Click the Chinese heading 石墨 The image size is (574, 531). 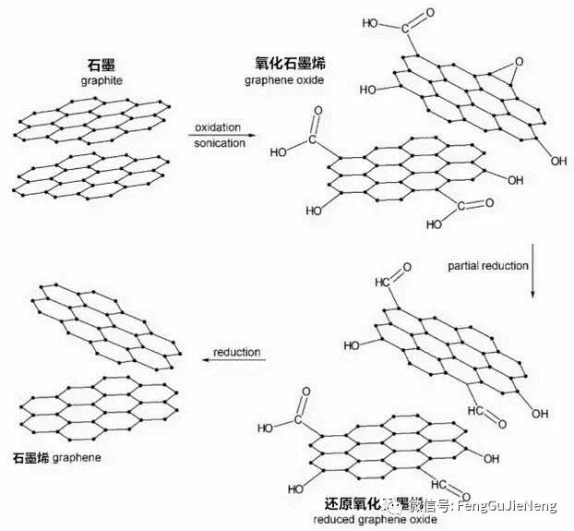[x=102, y=66]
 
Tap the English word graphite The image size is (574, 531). [x=102, y=81]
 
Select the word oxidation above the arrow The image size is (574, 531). [x=219, y=127]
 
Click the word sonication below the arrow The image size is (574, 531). [x=219, y=144]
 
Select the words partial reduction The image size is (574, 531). [x=488, y=266]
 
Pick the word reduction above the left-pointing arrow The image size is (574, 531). [x=237, y=353]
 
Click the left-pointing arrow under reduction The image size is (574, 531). [x=237, y=363]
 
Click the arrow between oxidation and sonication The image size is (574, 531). [x=219, y=136]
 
